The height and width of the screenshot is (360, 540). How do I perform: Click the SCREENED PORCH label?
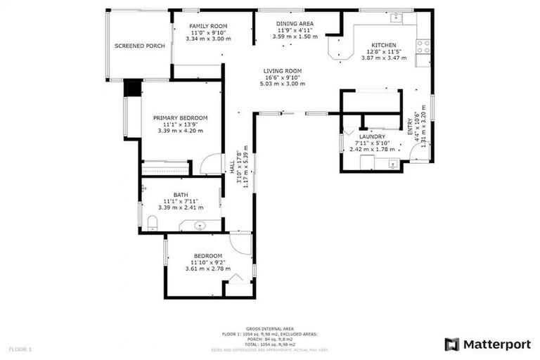tap(140, 46)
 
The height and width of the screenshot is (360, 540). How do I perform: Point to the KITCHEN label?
tap(384, 45)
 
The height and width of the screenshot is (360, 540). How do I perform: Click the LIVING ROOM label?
tap(283, 71)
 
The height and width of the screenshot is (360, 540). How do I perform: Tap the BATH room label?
tap(181, 195)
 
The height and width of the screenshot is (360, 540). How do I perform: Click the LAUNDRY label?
tap(372, 136)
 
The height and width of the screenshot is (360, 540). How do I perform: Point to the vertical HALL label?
tap(232, 168)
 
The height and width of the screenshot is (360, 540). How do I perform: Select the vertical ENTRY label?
tap(411, 126)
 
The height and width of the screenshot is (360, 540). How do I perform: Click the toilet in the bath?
tap(152, 223)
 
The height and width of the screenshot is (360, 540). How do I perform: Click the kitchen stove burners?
tap(424, 46)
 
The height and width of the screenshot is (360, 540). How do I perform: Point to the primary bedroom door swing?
tap(211, 165)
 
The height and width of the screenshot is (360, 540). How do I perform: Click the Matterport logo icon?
tap(452, 344)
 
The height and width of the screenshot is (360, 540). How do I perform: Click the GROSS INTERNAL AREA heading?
tap(270, 328)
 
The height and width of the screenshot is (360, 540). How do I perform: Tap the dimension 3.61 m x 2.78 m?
tap(208, 269)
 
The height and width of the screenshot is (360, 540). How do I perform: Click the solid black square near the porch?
tap(132, 89)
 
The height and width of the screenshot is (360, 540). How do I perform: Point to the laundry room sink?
tap(392, 165)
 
